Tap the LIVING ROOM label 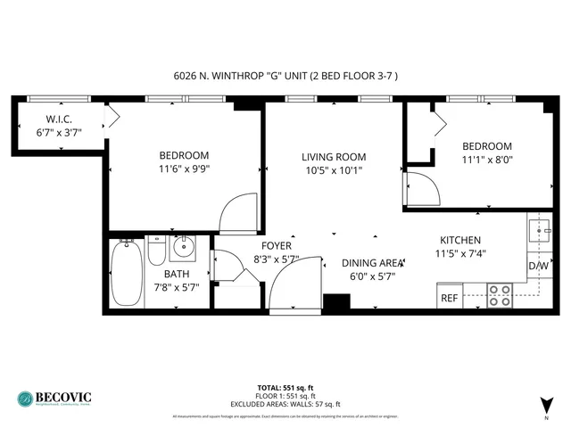(x=333, y=157)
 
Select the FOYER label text (x=277, y=245)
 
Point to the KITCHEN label (x=460, y=240)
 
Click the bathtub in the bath (x=125, y=275)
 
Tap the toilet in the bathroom (x=155, y=252)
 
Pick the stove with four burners (x=499, y=295)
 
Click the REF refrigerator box (x=451, y=298)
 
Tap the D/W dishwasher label (x=538, y=266)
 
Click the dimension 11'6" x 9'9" (x=185, y=168)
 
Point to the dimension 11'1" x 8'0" (x=486, y=160)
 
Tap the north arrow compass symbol (x=545, y=403)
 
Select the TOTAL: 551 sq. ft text (x=285, y=387)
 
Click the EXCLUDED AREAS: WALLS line (x=285, y=403)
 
